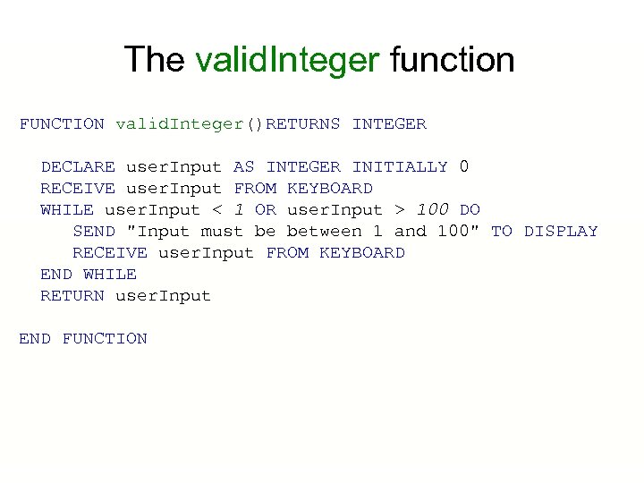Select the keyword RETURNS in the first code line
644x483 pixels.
click(x=303, y=124)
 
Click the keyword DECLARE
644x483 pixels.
click(x=78, y=167)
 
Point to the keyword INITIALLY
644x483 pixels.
click(x=400, y=167)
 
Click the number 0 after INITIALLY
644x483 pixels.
click(x=463, y=166)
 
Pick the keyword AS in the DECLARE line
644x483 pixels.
click(x=243, y=167)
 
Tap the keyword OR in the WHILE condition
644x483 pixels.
click(x=266, y=210)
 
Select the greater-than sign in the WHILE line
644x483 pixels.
click(x=399, y=210)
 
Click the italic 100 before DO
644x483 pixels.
click(x=433, y=209)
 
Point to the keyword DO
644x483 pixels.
click(x=470, y=210)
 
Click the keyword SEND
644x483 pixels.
click(x=94, y=232)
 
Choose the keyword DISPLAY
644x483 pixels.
click(x=561, y=232)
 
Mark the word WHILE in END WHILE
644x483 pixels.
click(x=110, y=275)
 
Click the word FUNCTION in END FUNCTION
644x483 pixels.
click(x=105, y=339)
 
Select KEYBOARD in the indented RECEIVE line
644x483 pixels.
click(x=362, y=253)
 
